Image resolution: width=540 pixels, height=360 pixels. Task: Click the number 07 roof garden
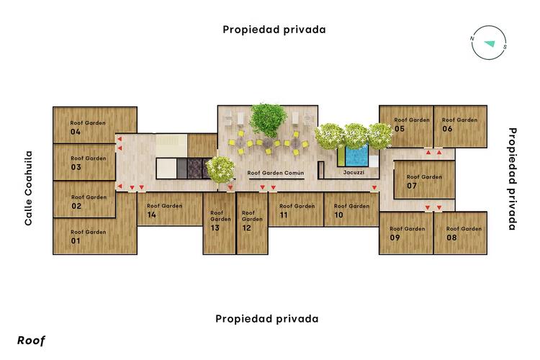point(424,180)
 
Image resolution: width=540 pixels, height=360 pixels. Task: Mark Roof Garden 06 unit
point(459,125)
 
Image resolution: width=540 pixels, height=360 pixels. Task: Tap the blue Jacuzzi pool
point(356,154)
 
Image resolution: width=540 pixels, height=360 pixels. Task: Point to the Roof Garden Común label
point(276,174)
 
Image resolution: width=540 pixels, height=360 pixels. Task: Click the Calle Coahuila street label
point(29,188)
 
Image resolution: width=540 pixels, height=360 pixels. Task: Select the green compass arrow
point(490,44)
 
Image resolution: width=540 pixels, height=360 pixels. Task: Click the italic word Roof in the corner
point(31,341)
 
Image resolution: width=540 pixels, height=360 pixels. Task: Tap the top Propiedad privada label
point(274,30)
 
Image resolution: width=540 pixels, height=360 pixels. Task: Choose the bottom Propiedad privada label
point(267,318)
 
